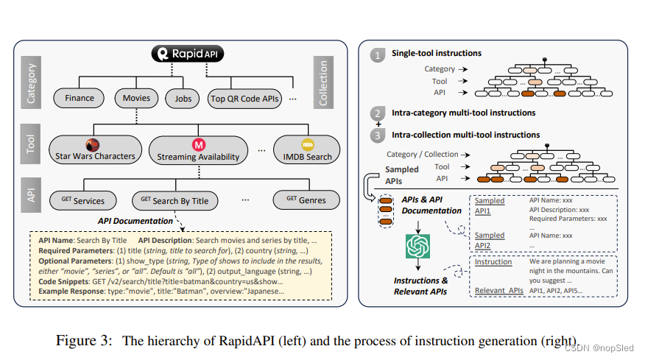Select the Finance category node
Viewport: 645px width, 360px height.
(79, 98)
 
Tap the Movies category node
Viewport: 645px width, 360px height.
(136, 98)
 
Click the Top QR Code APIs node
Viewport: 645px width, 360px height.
(245, 99)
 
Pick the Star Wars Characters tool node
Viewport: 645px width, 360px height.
(95, 150)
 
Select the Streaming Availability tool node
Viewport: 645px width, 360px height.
(198, 150)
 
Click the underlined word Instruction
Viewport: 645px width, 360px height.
(493, 262)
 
